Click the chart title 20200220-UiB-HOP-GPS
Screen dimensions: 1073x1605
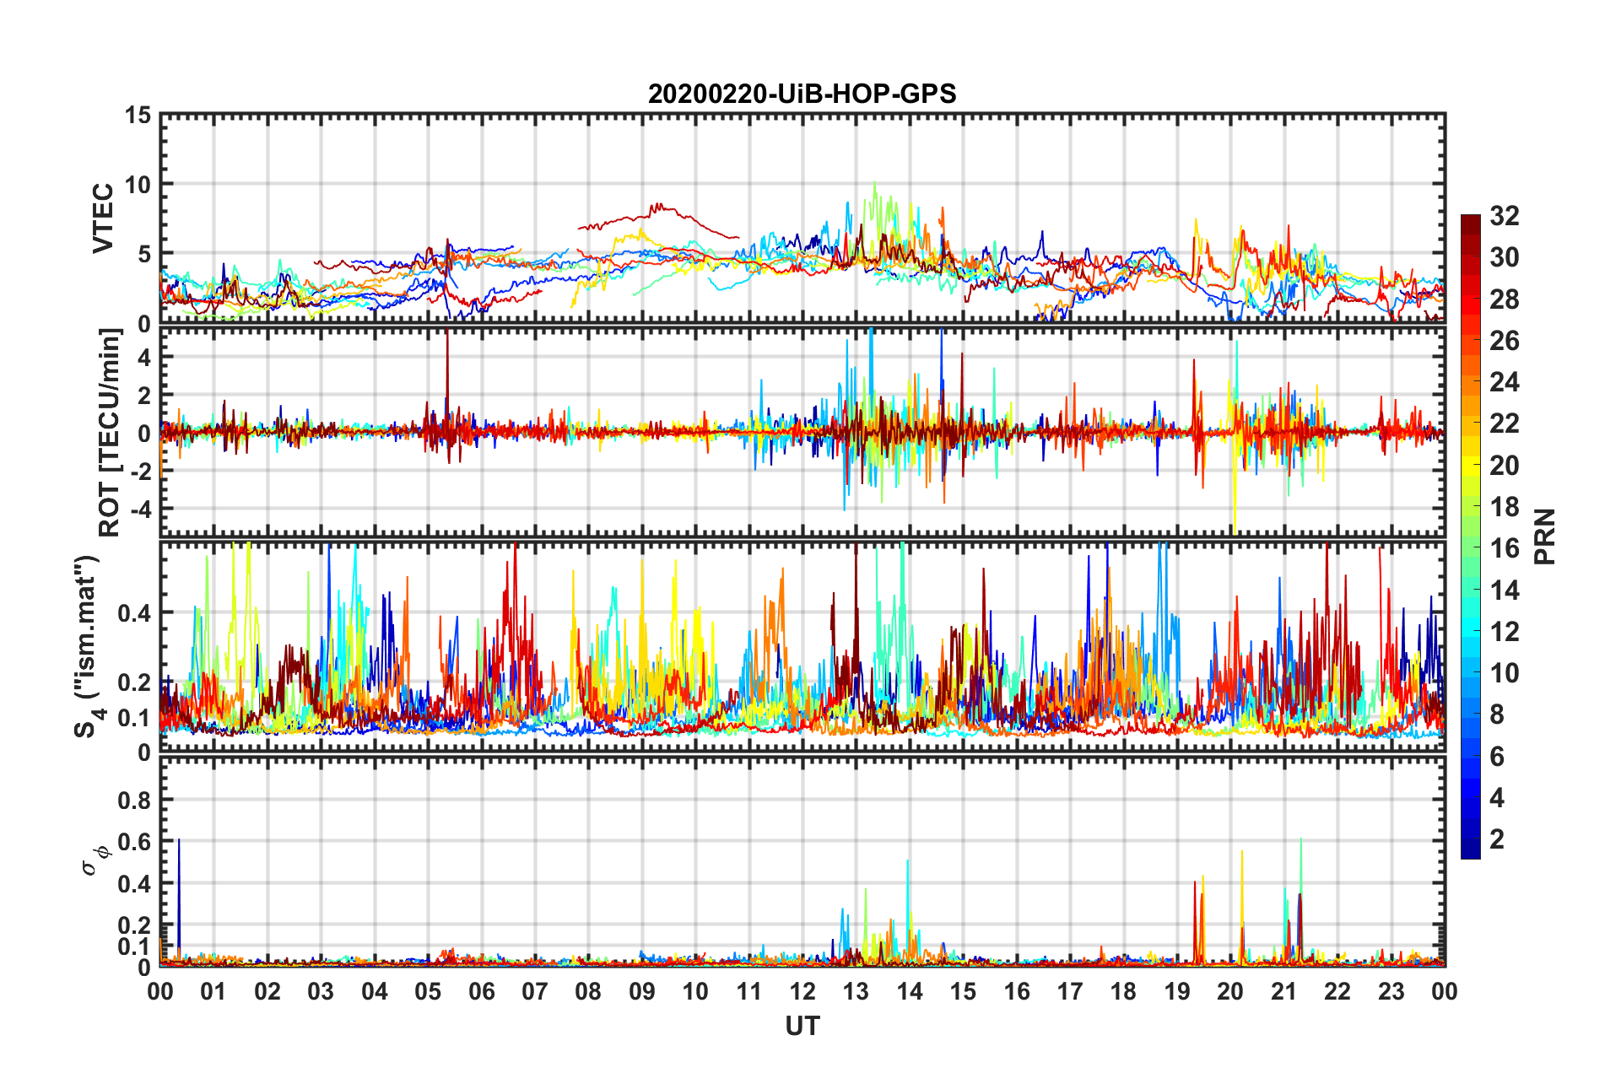point(802,94)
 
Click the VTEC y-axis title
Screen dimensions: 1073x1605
point(103,218)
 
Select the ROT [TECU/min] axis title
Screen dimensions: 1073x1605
point(110,432)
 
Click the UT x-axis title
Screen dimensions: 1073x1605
point(802,1026)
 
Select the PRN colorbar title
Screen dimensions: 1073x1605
point(1544,536)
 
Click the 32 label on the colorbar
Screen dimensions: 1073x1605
point(1504,216)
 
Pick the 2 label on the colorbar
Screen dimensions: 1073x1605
point(1497,838)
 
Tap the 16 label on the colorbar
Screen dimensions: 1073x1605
point(1504,548)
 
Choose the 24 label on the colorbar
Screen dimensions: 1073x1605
point(1504,382)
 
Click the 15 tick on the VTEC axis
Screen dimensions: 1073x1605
point(138,115)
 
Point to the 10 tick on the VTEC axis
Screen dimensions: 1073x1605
point(138,184)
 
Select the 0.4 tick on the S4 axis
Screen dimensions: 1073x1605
point(133,613)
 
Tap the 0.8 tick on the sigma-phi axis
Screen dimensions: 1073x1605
point(133,800)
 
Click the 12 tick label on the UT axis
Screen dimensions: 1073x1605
point(802,991)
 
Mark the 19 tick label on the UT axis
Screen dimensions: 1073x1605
point(1177,991)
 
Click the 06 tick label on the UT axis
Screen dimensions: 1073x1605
point(481,991)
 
